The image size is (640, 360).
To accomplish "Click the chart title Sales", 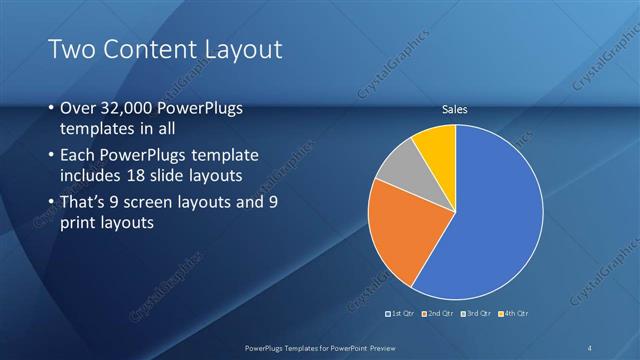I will pos(455,109).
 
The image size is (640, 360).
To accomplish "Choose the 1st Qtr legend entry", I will pos(402,315).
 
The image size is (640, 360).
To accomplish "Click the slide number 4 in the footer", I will pos(591,347).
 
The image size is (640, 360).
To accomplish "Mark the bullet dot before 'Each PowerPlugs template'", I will pos(51,157).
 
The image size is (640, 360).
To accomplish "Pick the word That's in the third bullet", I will pos(84,203).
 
